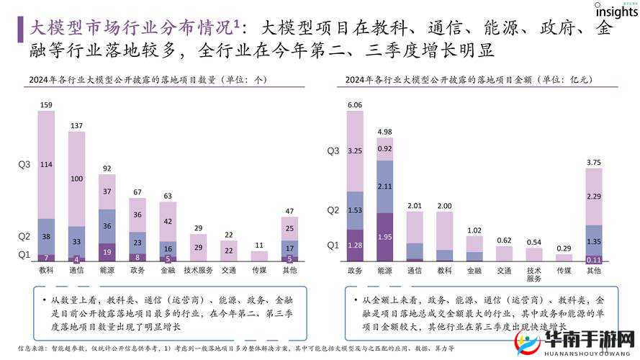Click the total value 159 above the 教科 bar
(x=46, y=105)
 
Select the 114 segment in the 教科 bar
(x=46, y=164)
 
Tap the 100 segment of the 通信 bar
(x=76, y=179)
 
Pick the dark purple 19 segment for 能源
(x=107, y=252)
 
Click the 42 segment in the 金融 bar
(x=168, y=222)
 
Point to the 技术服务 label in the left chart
(x=198, y=270)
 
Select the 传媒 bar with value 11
(x=259, y=255)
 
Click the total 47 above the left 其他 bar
(x=289, y=211)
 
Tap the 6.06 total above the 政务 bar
(x=355, y=105)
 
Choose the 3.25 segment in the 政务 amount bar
(x=355, y=151)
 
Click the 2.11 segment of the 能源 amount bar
(x=385, y=186)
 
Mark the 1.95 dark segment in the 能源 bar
(x=385, y=237)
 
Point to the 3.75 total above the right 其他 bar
(x=594, y=163)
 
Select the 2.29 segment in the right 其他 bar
(x=594, y=197)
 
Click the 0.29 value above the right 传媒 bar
(x=564, y=248)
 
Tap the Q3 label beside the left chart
(x=24, y=165)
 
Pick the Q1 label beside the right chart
(x=333, y=246)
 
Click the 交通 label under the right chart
(x=504, y=271)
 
